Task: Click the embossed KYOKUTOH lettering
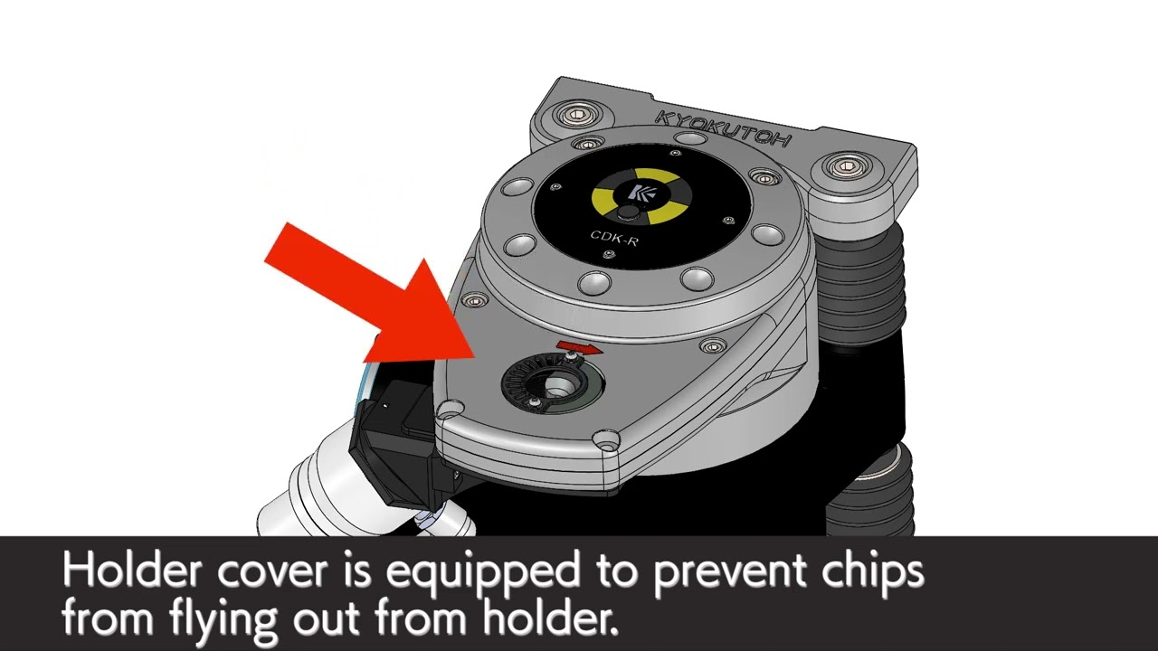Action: pyautogui.click(x=723, y=127)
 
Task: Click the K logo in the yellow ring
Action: pyautogui.click(x=635, y=191)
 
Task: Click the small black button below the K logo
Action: pyautogui.click(x=628, y=212)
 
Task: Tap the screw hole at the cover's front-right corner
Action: pyautogui.click(x=605, y=439)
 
